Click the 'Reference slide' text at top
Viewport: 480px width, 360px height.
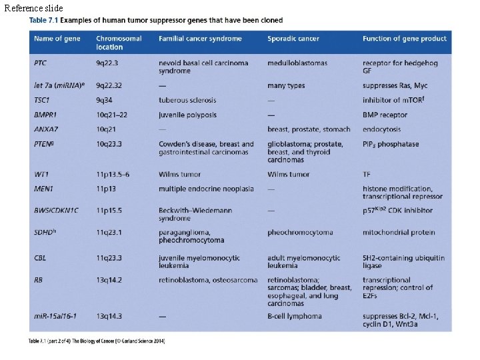[x=33, y=8]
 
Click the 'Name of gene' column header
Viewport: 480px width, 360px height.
[x=57, y=39]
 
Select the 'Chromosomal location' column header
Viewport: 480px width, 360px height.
[x=119, y=43]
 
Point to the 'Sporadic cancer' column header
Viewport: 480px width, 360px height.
[x=293, y=39]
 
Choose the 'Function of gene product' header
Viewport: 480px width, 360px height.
[x=405, y=39]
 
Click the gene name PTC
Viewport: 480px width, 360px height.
[x=41, y=63]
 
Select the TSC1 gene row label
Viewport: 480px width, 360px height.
[x=42, y=100]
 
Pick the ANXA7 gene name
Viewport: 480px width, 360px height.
[x=45, y=129]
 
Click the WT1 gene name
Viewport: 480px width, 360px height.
[x=41, y=174]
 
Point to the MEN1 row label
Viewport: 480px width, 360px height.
[x=43, y=189]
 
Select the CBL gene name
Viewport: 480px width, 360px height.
[x=40, y=257]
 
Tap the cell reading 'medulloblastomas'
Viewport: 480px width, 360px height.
[x=297, y=63]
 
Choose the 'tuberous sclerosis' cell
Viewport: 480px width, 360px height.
[x=187, y=100]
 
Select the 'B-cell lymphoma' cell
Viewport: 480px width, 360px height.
[x=297, y=316]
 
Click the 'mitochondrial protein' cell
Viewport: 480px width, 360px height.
[x=399, y=232]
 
